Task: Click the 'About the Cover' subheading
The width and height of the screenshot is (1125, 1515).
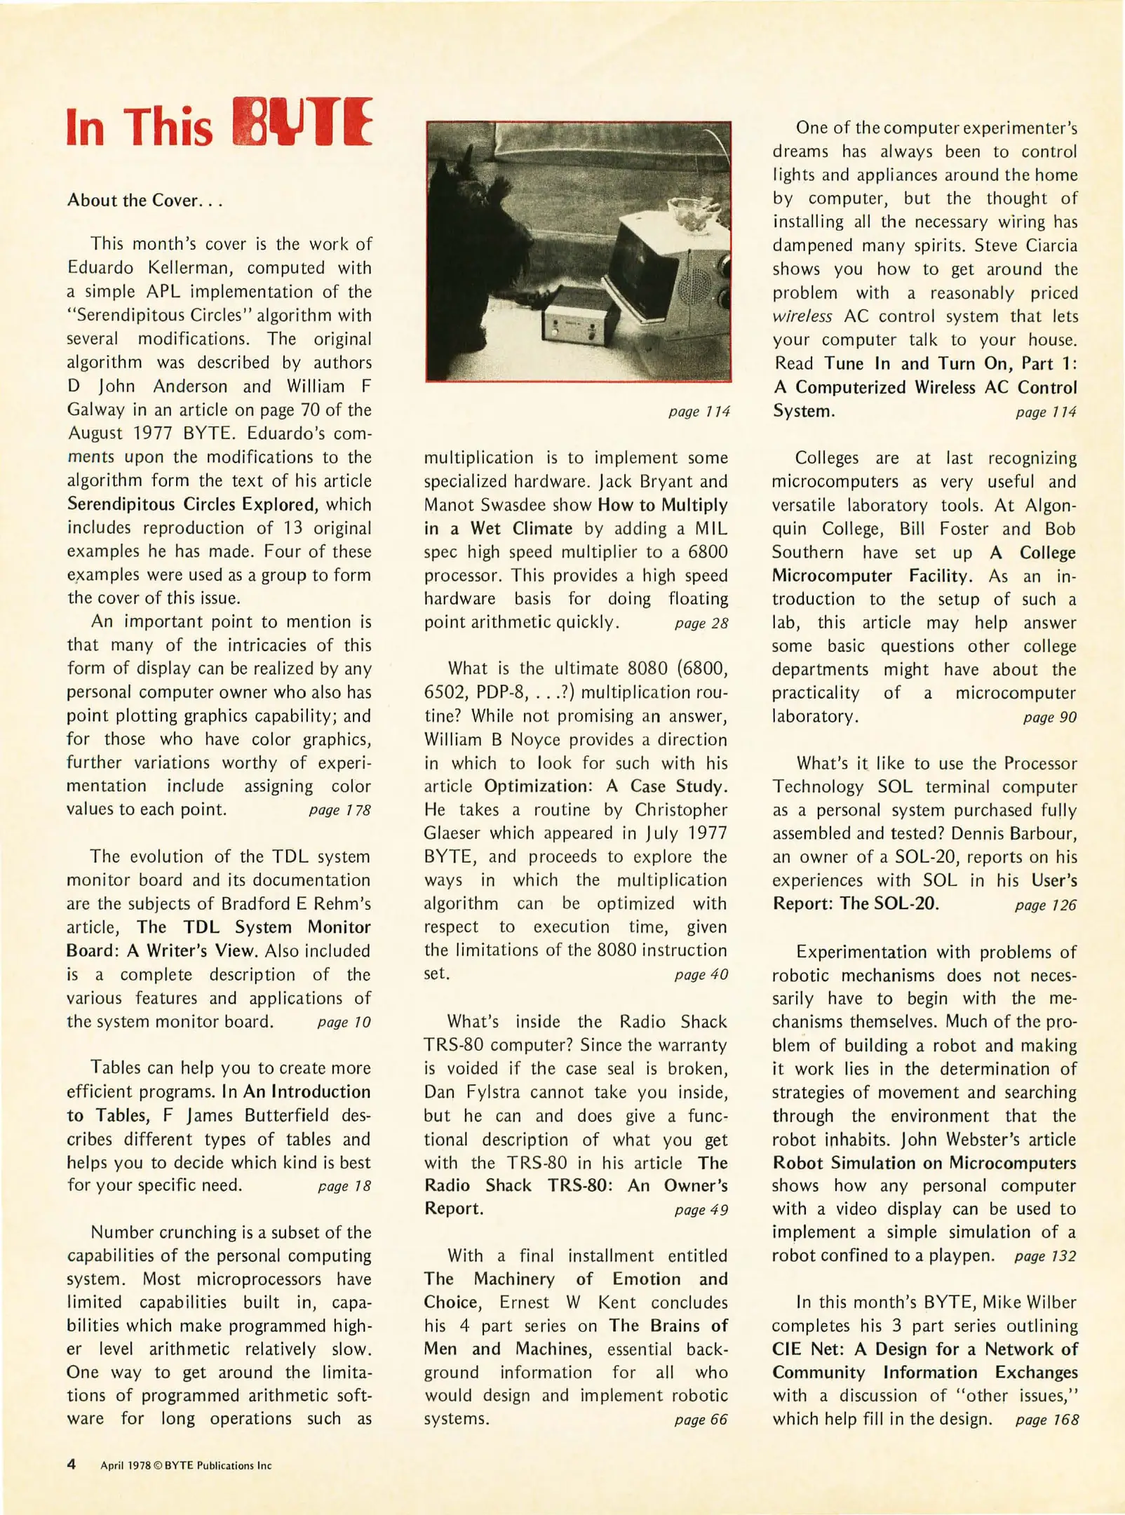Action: click(x=144, y=201)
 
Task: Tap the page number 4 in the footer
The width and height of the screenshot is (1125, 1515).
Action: click(x=71, y=1464)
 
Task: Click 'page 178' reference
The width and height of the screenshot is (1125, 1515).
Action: click(x=339, y=810)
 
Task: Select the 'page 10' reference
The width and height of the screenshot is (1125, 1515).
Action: click(x=344, y=1022)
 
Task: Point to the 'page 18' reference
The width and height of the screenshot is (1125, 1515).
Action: click(x=344, y=1186)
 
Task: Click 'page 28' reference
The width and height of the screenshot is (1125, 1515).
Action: click(x=701, y=623)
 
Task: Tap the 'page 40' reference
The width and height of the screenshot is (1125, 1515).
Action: click(x=701, y=974)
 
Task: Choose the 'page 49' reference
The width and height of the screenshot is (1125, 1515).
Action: click(x=701, y=1210)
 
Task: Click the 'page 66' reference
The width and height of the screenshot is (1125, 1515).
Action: click(x=701, y=1420)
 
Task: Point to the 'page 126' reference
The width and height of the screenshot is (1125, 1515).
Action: click(x=1045, y=905)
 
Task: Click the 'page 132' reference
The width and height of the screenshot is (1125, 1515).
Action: click(x=1045, y=1256)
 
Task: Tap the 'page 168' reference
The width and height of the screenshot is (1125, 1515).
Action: click(x=1046, y=1420)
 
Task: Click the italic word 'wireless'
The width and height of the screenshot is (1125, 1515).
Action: click(x=802, y=316)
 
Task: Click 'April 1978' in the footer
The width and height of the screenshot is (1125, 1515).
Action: click(x=126, y=1465)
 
